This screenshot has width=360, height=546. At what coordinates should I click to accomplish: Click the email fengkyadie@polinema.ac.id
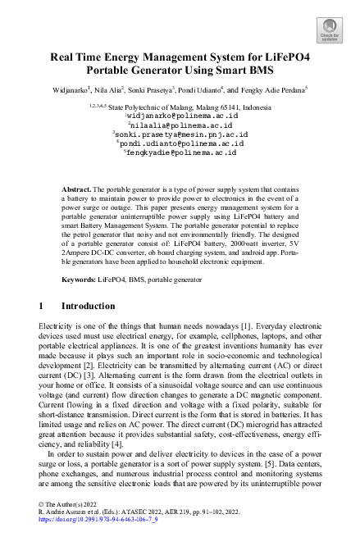tap(180, 152)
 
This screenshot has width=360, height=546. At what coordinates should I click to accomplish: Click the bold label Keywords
tap(80, 280)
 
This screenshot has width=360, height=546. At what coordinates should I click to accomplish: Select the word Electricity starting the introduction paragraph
tap(59, 325)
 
